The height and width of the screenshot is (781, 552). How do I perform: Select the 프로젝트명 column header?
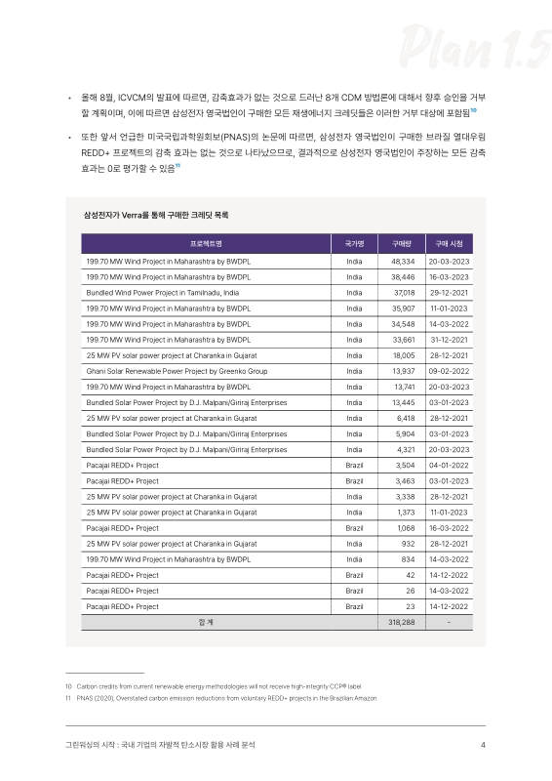[206, 243]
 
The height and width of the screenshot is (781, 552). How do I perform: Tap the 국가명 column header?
[354, 243]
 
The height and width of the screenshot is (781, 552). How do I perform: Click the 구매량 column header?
[402, 243]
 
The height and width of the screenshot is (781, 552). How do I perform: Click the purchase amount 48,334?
[403, 262]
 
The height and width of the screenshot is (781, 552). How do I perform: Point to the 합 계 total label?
[206, 621]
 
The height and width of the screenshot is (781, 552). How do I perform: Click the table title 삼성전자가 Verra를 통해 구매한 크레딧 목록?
[157, 213]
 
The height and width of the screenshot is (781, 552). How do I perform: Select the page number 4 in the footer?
[484, 747]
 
